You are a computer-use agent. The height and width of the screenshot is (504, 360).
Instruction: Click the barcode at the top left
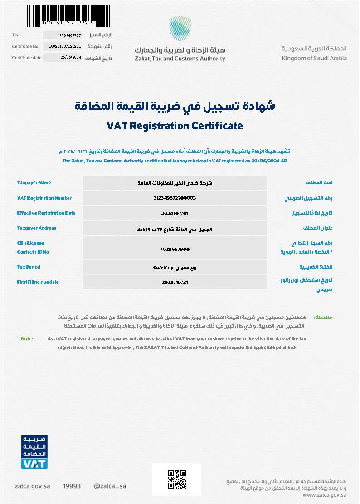[x=68, y=14]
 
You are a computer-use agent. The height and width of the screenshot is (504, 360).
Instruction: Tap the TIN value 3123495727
[x=70, y=35]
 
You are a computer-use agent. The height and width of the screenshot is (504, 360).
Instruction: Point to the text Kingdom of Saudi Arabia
[x=314, y=58]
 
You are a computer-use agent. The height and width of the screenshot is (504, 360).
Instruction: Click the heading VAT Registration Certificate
[x=175, y=126]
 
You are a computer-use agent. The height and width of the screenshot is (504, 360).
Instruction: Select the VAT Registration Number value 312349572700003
[x=175, y=198]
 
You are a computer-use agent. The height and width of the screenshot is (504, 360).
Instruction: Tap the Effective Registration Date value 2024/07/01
[x=175, y=213]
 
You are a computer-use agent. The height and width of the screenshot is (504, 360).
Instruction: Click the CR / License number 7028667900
[x=175, y=249]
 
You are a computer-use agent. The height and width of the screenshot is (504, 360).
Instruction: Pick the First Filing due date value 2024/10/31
[x=175, y=282]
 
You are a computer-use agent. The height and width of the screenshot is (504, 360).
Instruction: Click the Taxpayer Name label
[x=34, y=183]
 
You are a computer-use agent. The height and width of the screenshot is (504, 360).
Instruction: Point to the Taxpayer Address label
[x=37, y=228]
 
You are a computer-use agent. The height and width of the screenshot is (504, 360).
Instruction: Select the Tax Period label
[x=29, y=267]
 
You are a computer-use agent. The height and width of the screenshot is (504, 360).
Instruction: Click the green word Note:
[x=27, y=338]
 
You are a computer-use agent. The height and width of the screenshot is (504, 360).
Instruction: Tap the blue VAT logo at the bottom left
[x=34, y=452]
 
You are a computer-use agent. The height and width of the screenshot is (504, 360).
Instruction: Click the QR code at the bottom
[x=177, y=479]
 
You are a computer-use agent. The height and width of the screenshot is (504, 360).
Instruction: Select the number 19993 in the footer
[x=72, y=486]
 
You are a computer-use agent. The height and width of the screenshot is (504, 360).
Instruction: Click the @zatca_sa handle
[x=110, y=486]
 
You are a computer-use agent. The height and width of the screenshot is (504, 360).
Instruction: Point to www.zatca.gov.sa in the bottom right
[x=324, y=495]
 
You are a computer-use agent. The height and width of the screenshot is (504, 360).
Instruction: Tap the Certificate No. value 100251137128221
[x=64, y=46]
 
